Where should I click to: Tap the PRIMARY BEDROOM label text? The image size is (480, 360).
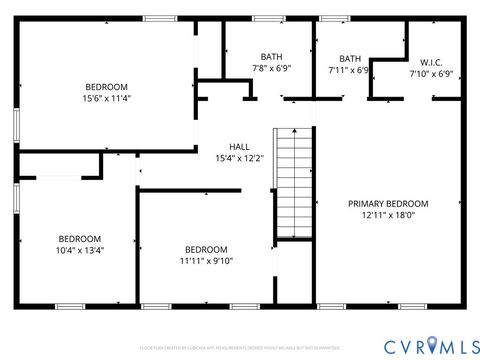pyautogui.click(x=388, y=203)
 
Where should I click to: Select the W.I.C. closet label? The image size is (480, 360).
pyautogui.click(x=431, y=61)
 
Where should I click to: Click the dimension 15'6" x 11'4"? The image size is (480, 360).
pyautogui.click(x=106, y=99)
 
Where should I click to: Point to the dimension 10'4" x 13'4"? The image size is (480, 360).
pyautogui.click(x=79, y=250)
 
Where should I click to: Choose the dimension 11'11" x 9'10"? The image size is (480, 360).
pyautogui.click(x=206, y=261)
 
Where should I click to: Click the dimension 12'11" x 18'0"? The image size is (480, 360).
pyautogui.click(x=388, y=215)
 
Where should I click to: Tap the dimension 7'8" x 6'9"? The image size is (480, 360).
pyautogui.click(x=271, y=69)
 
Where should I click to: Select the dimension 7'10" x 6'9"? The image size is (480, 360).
pyautogui.click(x=431, y=73)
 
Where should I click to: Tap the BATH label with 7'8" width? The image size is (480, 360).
pyautogui.click(x=271, y=57)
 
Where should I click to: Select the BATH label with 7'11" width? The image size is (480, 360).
pyautogui.click(x=350, y=59)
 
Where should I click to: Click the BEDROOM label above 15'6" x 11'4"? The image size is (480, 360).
pyautogui.click(x=106, y=87)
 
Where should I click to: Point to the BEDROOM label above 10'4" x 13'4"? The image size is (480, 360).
pyautogui.click(x=79, y=238)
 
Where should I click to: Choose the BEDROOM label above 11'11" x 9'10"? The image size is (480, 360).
pyautogui.click(x=206, y=249)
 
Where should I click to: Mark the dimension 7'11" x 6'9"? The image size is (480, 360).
pyautogui.click(x=350, y=71)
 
